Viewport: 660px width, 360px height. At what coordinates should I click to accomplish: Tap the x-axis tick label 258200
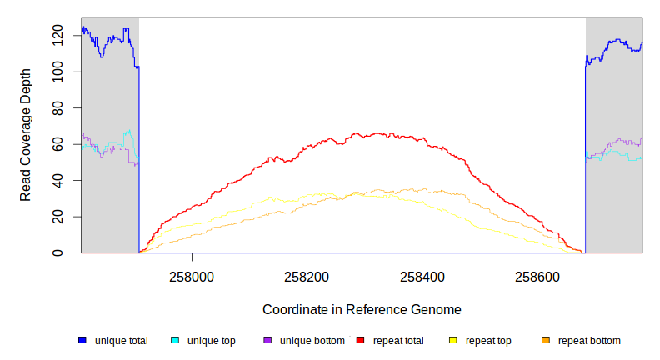(307, 276)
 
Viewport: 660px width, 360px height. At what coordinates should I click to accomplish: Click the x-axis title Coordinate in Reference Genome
(362, 309)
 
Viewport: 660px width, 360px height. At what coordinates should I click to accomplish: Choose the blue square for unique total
(82, 340)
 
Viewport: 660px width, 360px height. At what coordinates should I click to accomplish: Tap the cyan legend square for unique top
(175, 340)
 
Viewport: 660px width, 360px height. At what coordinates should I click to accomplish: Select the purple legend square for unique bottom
(267, 340)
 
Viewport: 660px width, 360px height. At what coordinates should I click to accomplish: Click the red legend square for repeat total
(360, 340)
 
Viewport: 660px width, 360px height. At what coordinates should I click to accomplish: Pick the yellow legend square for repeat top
(453, 340)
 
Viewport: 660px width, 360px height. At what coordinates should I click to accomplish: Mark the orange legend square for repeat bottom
(546, 340)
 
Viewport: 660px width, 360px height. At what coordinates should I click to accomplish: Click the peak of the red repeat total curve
(357, 132)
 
